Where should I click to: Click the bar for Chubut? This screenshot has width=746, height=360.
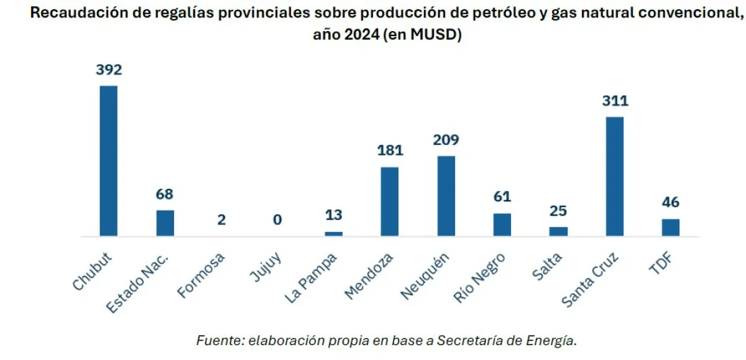(x=109, y=161)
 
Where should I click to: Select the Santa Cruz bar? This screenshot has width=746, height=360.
(x=615, y=177)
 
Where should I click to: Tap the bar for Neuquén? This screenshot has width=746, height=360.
(x=446, y=196)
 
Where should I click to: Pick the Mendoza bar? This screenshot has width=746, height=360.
(x=390, y=201)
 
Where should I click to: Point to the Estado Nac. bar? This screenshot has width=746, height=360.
(x=165, y=223)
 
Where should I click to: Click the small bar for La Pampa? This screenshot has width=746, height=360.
(x=334, y=234)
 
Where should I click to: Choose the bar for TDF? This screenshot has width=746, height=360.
(x=671, y=228)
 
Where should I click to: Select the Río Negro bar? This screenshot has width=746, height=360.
(x=502, y=224)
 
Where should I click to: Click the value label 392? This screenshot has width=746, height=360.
(x=109, y=70)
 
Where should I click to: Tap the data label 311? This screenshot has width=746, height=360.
(x=615, y=101)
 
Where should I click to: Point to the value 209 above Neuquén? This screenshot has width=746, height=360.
(x=446, y=140)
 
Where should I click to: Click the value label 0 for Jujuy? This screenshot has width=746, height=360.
(x=277, y=219)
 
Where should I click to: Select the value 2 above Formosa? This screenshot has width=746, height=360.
(x=221, y=219)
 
